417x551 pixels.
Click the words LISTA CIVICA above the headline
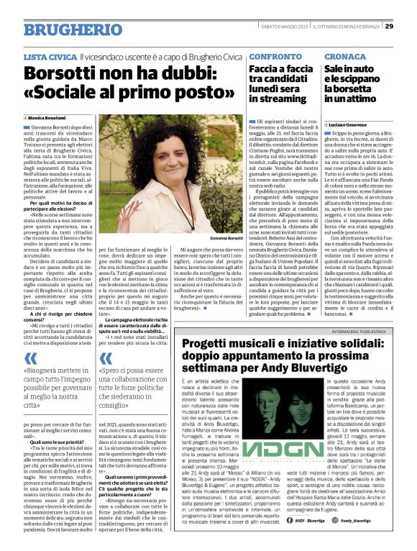click(49, 55)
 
